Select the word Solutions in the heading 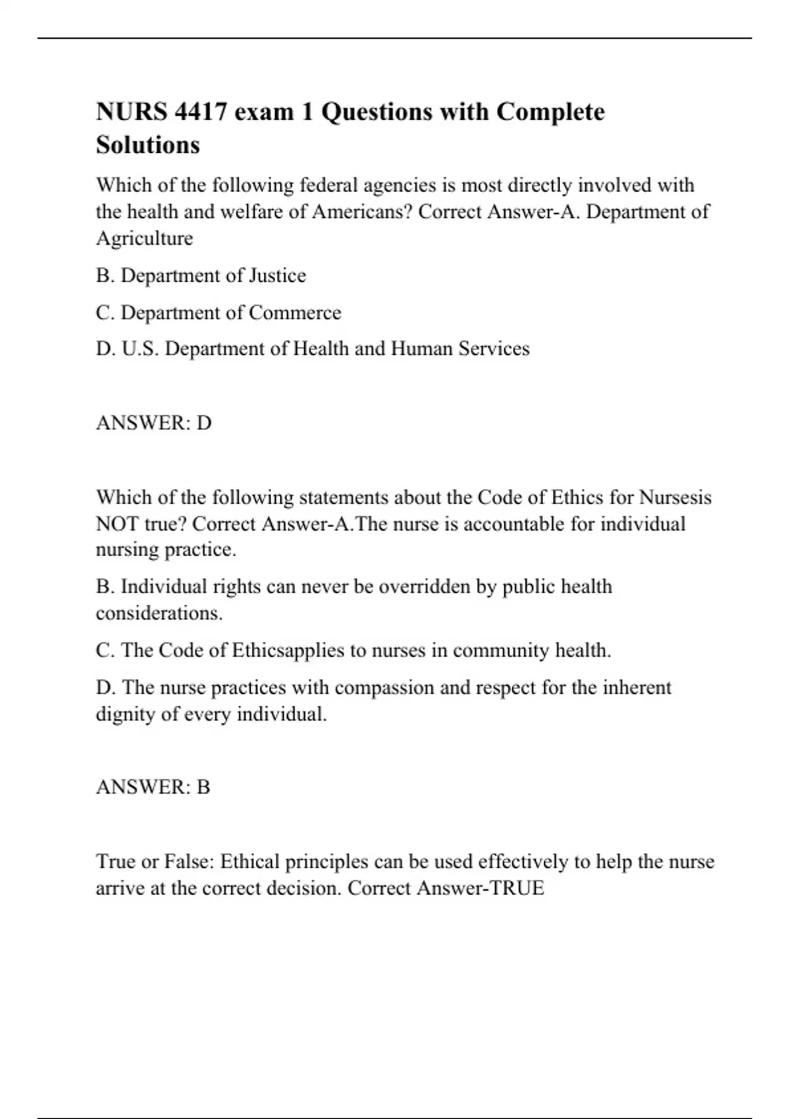point(147,145)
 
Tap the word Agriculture point(144,238)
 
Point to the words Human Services point(460,348)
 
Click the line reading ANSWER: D point(153,423)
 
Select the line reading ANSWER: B point(153,787)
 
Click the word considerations point(159,613)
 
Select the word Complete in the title point(550,112)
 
